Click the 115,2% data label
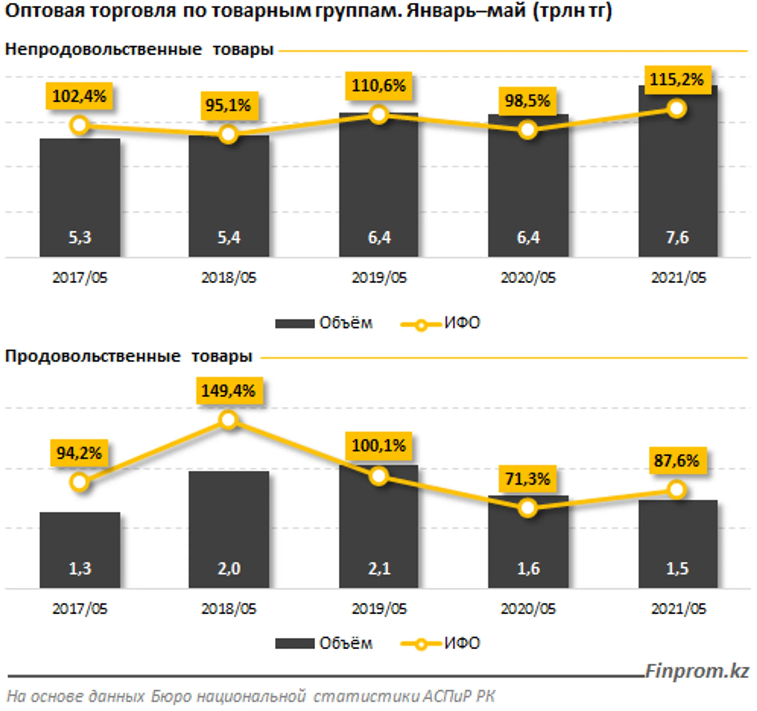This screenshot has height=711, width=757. tap(677, 80)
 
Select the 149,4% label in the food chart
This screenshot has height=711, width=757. tap(229, 391)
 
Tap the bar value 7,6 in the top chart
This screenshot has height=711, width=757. tap(677, 237)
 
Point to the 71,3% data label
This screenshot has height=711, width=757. tap(527, 479)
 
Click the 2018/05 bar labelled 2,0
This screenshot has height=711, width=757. tap(229, 533)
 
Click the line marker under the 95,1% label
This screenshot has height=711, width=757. tap(228, 134)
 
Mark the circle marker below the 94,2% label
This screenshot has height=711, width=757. tap(80, 482)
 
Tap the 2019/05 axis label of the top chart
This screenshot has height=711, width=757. tap(379, 278)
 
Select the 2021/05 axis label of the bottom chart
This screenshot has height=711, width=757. tap(678, 609)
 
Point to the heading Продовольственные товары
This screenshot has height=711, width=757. tap(129, 357)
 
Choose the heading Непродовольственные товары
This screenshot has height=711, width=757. tap(139, 50)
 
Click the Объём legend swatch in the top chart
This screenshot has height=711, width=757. tap(294, 324)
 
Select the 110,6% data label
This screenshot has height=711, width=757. tap(378, 86)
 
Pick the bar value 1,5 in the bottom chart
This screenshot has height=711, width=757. tap(677, 569)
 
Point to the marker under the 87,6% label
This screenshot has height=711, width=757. tap(677, 490)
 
